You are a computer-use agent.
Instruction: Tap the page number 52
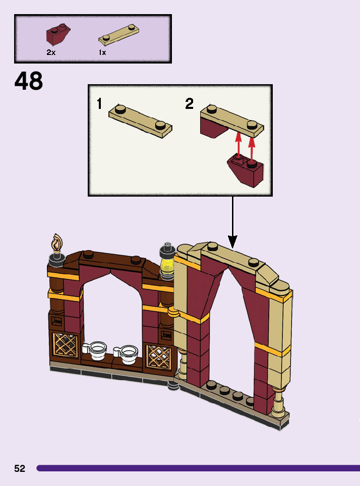[x=20, y=468]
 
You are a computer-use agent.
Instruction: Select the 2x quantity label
[x=51, y=52]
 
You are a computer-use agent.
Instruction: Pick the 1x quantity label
[x=102, y=52]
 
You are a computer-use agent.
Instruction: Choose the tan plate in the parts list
[x=118, y=33]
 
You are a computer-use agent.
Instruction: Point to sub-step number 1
[x=100, y=104]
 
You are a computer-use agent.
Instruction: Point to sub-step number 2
[x=189, y=104]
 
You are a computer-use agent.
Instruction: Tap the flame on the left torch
[x=56, y=244]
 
